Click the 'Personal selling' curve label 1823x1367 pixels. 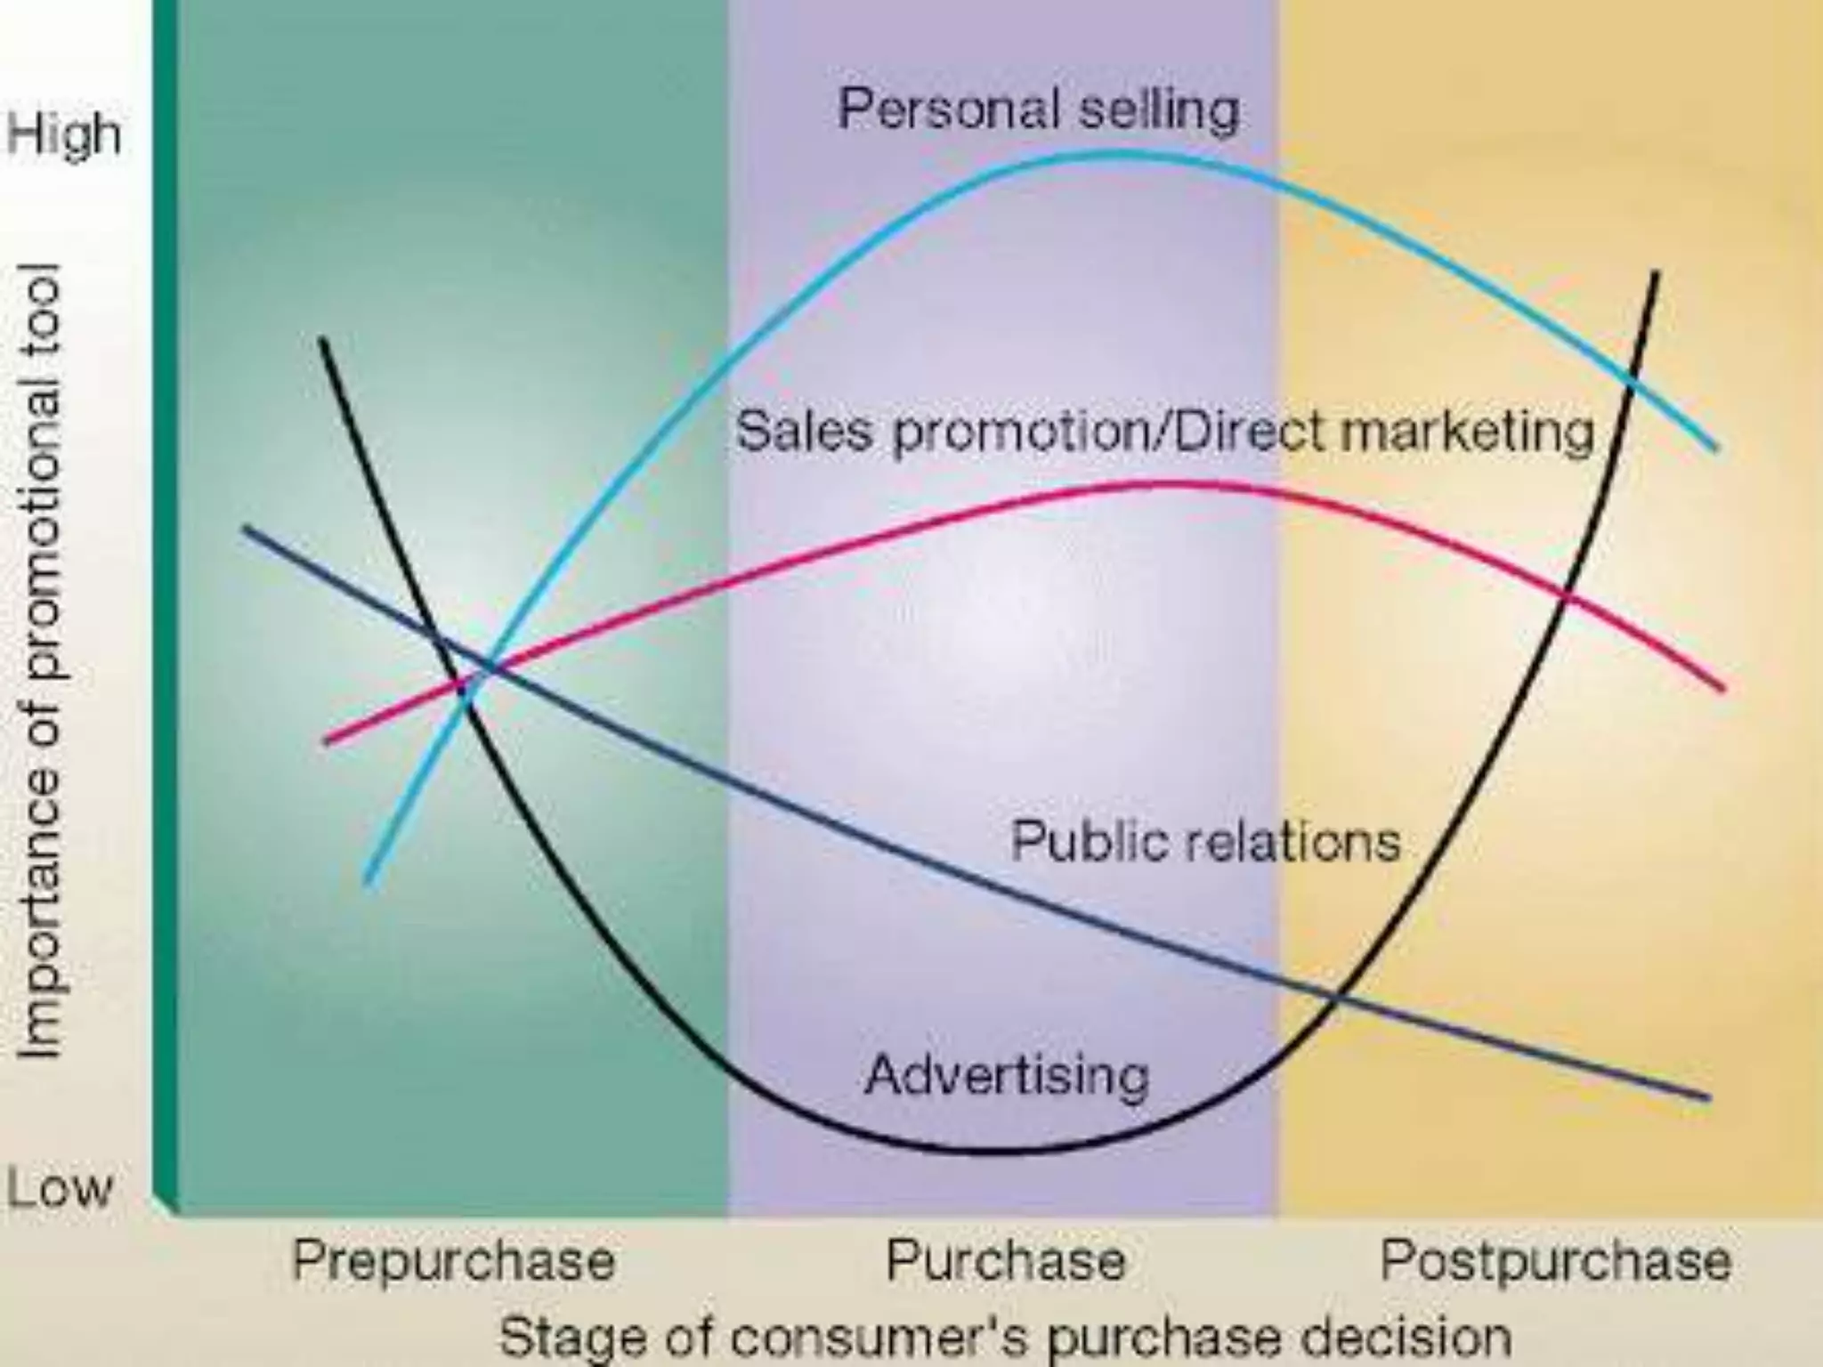[1038, 110]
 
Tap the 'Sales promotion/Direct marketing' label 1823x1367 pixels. [1164, 432]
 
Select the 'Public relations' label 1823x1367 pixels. [1206, 841]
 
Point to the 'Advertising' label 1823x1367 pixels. [1007, 1075]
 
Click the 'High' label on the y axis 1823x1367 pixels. [63, 135]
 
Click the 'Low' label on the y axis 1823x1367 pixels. [60, 1187]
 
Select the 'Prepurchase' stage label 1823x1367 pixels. [453, 1261]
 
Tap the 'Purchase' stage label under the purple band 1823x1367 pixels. [1006, 1261]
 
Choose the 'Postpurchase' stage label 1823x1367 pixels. [1555, 1261]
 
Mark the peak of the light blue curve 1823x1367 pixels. [1113, 154]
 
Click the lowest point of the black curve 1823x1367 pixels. [988, 1150]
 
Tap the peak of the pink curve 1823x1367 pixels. [1166, 484]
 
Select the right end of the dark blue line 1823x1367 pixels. [1708, 1098]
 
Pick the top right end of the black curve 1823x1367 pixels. [1657, 272]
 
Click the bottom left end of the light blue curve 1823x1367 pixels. [369, 883]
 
